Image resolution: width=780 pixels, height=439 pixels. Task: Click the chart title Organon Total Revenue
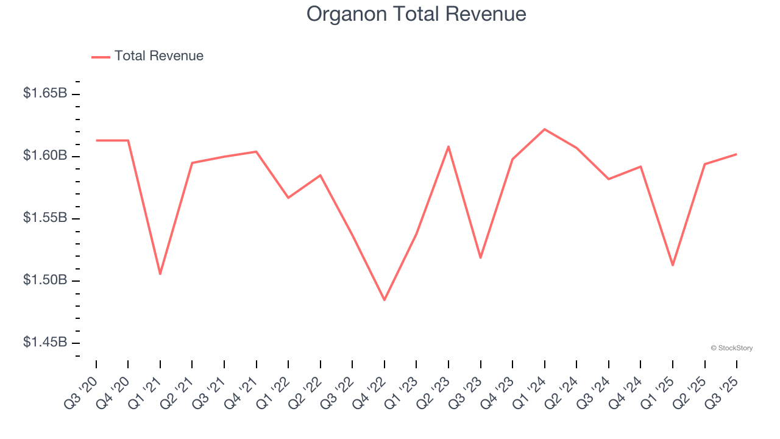point(416,14)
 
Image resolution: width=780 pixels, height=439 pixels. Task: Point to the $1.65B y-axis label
point(45,94)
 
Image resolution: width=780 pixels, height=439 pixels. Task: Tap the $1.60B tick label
point(45,156)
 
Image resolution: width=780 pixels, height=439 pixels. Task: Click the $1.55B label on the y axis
point(45,218)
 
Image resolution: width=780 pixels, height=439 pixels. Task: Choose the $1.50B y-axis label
point(45,280)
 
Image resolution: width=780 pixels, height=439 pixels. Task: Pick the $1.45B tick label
point(45,343)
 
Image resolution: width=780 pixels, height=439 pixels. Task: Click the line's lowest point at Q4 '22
point(385,300)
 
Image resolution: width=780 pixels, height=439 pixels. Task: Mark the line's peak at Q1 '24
point(544,129)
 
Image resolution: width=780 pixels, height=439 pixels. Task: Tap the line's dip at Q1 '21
point(160,274)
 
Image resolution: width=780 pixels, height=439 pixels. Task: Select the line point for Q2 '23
point(448,146)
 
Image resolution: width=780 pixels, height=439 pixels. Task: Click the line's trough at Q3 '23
point(480,258)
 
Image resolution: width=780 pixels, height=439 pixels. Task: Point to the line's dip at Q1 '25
point(673,265)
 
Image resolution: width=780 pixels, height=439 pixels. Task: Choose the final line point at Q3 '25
point(736,154)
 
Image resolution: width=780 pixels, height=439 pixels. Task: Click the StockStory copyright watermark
point(731,348)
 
